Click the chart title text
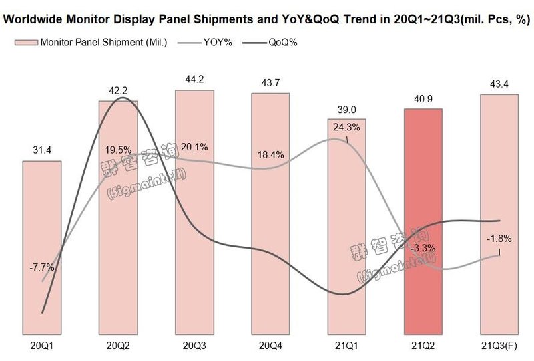point(265,19)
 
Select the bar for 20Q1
point(42,247)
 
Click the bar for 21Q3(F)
point(499,214)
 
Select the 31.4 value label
point(42,150)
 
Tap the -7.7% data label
point(42,268)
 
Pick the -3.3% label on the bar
point(423,248)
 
